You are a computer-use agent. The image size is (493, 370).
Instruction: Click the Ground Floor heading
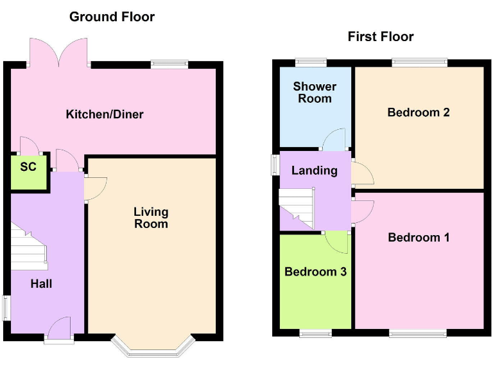(112, 17)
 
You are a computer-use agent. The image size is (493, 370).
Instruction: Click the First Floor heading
(381, 37)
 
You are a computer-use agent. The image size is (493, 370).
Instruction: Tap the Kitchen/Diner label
(105, 115)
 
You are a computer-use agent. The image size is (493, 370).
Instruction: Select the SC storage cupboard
(29, 172)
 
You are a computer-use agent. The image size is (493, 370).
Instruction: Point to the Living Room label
(151, 217)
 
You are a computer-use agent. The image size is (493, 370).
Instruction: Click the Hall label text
(42, 283)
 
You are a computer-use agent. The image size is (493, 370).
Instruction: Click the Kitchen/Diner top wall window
(169, 64)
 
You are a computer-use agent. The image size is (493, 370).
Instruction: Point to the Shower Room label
(315, 92)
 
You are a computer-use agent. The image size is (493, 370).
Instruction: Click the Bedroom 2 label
(418, 112)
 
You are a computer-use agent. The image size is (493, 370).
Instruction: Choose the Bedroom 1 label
(419, 238)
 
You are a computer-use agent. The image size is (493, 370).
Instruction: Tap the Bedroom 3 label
(315, 271)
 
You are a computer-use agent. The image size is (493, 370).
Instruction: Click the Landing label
(314, 170)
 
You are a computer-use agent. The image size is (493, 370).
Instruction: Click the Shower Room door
(334, 139)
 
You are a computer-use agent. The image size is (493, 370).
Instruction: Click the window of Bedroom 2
(419, 62)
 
